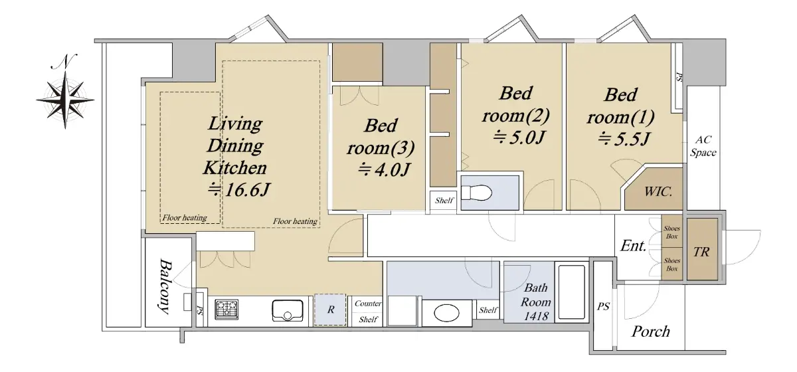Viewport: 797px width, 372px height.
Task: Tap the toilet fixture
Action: (x=476, y=193)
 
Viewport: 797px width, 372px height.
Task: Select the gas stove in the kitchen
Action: (x=226, y=309)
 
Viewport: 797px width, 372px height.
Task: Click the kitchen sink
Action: (x=288, y=310)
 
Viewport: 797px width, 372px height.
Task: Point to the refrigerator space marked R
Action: (x=330, y=310)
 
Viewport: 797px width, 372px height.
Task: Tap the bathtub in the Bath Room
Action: (x=571, y=292)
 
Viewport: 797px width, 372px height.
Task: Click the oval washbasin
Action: (x=447, y=314)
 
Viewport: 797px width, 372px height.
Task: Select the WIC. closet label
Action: (x=658, y=192)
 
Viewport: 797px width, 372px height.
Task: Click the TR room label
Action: (x=701, y=252)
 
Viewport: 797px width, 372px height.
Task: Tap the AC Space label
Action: (x=703, y=146)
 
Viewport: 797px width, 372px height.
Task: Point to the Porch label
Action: (x=650, y=331)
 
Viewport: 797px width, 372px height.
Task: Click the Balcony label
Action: (x=165, y=286)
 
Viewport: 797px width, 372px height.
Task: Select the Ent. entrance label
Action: (x=633, y=246)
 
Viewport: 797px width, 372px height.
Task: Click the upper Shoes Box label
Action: (x=671, y=232)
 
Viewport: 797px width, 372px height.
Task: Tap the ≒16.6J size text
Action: (x=238, y=189)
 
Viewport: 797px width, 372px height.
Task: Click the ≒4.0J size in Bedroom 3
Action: (x=384, y=169)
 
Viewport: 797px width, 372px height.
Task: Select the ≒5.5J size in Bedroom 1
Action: (x=624, y=139)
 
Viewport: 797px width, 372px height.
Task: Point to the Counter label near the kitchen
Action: (x=368, y=304)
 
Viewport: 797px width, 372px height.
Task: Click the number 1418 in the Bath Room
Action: (x=536, y=316)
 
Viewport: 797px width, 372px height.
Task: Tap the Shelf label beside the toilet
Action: (x=444, y=201)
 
